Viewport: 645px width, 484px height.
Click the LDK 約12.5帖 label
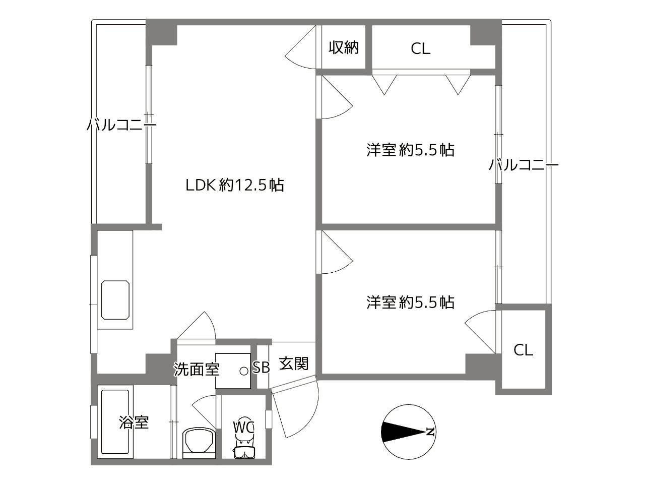235,185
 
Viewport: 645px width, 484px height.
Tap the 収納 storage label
344,47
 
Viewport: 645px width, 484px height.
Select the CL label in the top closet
420,49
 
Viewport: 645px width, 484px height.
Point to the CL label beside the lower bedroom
524,350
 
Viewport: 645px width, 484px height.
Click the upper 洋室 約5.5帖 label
410,150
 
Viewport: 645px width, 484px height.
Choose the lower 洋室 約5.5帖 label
410,302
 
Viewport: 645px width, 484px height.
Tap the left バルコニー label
121,125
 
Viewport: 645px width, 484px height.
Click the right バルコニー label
524,165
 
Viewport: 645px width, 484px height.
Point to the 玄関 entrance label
294,364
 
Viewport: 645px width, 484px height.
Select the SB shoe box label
261,367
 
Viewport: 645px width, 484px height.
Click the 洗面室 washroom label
197,369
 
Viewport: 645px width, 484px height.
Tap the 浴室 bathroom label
134,422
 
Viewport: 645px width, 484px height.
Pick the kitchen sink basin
115,300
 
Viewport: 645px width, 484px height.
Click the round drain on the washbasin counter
243,371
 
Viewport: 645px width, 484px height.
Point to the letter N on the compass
430,432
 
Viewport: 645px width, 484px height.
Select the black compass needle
403,432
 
